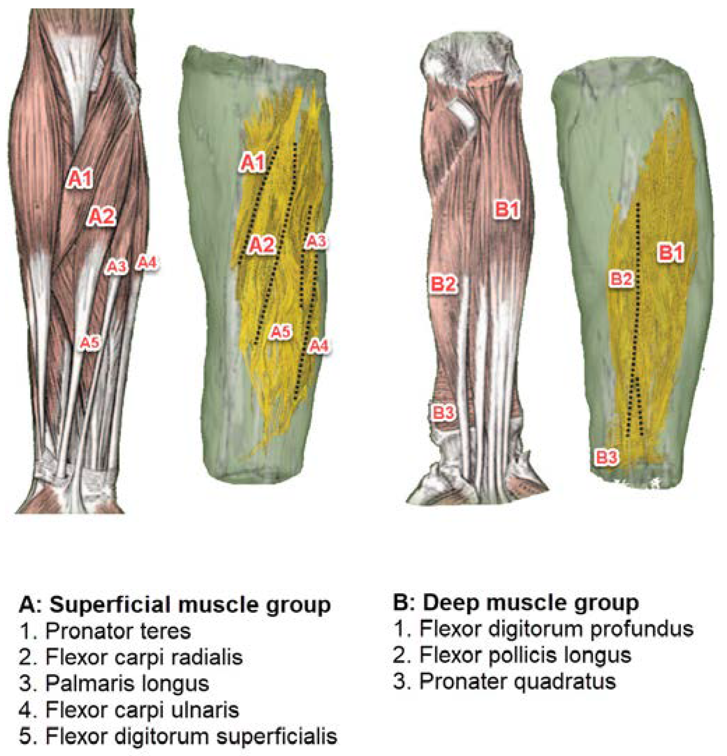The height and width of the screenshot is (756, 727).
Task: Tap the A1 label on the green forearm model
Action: (x=252, y=162)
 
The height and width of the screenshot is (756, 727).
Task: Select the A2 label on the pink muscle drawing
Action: (x=101, y=216)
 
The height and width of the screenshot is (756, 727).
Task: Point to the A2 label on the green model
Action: (x=262, y=245)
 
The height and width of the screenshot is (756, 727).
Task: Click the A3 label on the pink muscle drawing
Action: (x=116, y=267)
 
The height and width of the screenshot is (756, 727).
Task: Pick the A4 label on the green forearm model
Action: (x=319, y=346)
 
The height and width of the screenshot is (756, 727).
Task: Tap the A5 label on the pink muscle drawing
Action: (x=90, y=342)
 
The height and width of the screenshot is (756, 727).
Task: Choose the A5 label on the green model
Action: (x=281, y=332)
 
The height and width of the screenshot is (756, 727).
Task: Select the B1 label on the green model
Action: (x=671, y=253)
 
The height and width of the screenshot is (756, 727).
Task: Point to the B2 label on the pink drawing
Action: (x=443, y=284)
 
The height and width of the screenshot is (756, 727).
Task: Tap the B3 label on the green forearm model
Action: (x=607, y=458)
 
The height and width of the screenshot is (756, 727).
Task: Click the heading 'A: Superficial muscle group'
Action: (x=175, y=604)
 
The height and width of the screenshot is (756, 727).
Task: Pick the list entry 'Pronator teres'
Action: (x=118, y=631)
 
